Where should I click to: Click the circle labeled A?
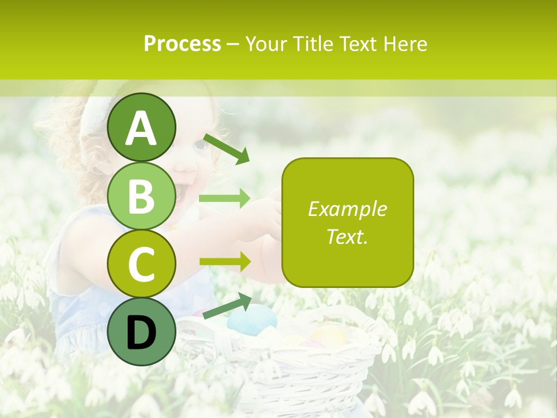point(142,127)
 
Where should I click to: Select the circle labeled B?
point(142,196)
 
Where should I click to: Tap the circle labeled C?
point(142,264)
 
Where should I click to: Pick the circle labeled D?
point(142,331)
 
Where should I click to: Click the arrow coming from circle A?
point(226,149)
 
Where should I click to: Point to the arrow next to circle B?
point(224,198)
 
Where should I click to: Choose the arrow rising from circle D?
point(227,306)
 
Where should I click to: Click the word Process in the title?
point(182,44)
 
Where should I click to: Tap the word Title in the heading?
point(314,44)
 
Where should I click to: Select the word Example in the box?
point(347,209)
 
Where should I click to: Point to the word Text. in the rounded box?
point(347,236)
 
